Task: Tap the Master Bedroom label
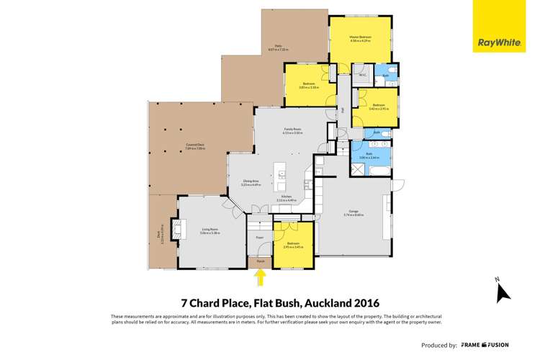pos(360,39)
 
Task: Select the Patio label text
pos(278,48)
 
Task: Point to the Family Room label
pos(292,130)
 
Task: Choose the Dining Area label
pos(251,184)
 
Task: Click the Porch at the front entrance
pos(261,262)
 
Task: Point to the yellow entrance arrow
pos(261,278)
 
